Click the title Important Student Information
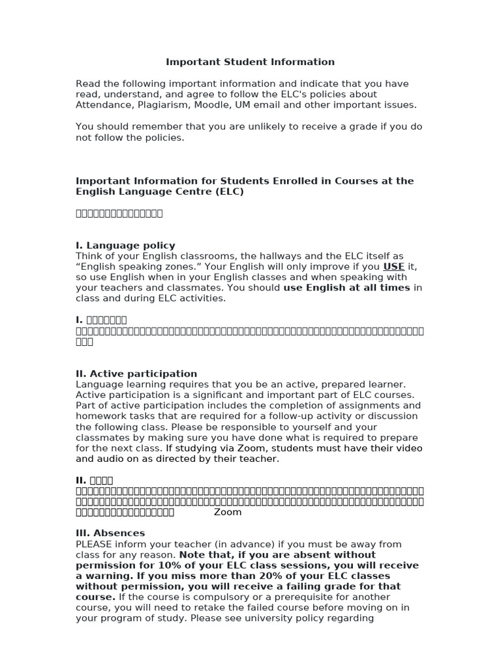click(x=250, y=62)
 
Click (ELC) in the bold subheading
click(x=227, y=192)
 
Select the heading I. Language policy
click(x=125, y=246)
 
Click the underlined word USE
click(x=393, y=266)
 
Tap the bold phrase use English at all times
click(x=346, y=287)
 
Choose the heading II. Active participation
click(x=136, y=374)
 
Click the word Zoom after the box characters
click(x=228, y=512)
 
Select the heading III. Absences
click(x=110, y=533)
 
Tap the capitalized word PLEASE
click(x=95, y=544)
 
